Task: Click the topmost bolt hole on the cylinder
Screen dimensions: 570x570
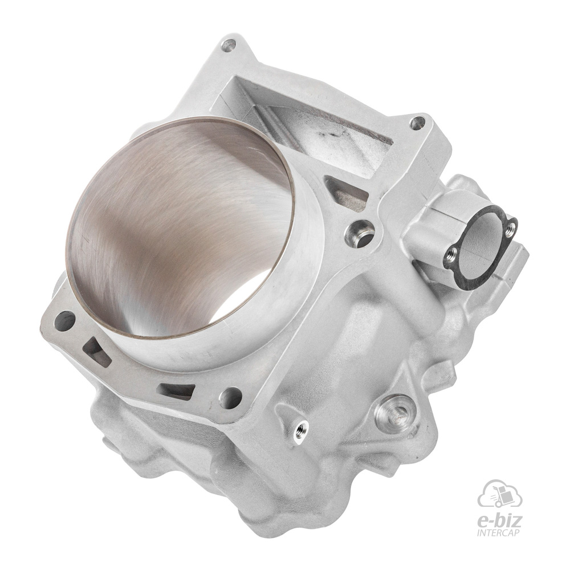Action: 229,46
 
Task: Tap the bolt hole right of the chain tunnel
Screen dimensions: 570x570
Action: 417,123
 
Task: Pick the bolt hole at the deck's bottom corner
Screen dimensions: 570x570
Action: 231,397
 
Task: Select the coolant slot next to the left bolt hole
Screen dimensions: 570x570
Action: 95,351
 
